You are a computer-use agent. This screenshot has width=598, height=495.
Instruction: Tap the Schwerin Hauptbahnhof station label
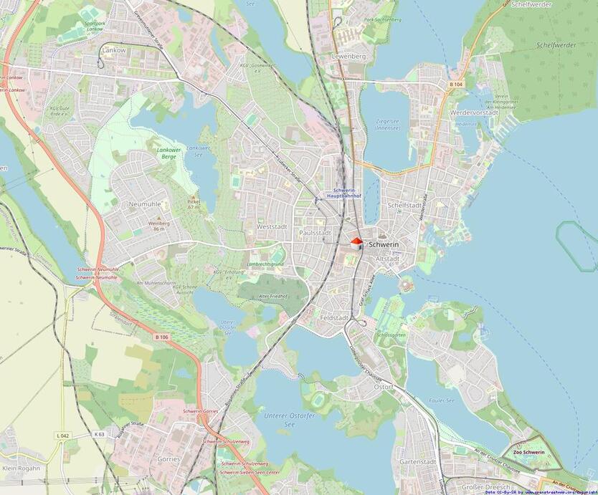342,192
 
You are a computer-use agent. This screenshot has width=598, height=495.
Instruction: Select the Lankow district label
113,51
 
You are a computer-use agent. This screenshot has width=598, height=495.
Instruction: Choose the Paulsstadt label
315,233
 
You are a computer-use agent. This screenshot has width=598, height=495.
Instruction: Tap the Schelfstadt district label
404,205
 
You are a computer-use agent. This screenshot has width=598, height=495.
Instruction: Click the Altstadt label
388,259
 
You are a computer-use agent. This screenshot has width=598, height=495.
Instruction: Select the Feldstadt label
335,317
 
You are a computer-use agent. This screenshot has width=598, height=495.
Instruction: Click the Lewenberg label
348,55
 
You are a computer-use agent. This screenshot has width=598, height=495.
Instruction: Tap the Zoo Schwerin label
528,452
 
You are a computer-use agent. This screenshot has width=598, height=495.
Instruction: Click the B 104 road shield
456,85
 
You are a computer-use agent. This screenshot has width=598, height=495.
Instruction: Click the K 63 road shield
99,434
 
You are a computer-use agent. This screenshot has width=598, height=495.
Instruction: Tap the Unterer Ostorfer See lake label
280,420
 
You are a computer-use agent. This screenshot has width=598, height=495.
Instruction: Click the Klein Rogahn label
22,468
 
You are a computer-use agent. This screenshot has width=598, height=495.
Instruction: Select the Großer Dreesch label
488,486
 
